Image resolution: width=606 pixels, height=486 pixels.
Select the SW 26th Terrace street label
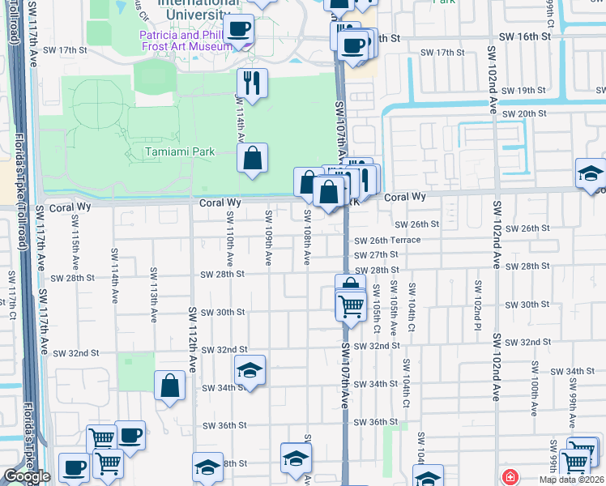(387, 240)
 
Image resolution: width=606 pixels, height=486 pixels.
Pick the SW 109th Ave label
(268, 237)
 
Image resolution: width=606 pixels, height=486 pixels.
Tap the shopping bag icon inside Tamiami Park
(253, 159)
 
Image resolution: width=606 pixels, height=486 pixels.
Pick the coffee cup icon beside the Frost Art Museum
(238, 31)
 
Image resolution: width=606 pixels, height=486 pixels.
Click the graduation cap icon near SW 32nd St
(250, 370)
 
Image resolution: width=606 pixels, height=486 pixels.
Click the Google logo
(27, 476)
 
